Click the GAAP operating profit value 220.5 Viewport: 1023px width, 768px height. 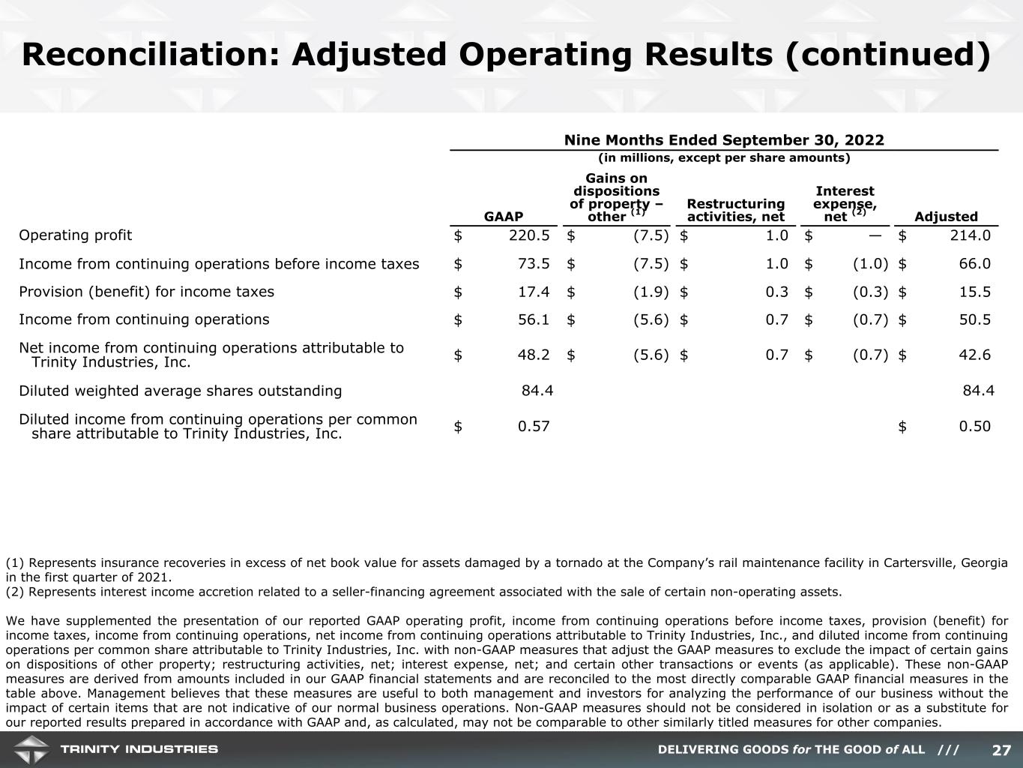pos(529,235)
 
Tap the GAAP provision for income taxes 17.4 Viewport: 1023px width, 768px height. pos(533,292)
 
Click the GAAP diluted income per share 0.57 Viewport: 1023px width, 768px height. pos(533,427)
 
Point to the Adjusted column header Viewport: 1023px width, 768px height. pos(946,217)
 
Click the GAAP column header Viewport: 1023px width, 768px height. pos(504,217)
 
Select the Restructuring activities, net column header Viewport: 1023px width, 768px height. pos(735,210)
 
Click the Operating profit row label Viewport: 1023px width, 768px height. pos(75,235)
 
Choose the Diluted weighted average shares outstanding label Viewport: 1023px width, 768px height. pos(180,391)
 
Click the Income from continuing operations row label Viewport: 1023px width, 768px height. pos(144,319)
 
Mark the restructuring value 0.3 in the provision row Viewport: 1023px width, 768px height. pos(776,292)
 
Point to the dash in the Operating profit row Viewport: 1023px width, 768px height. pos(877,235)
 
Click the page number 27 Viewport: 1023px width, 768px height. pos(1001,750)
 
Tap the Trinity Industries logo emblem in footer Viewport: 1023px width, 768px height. pos(30,749)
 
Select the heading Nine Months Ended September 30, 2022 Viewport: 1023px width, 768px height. pos(723,140)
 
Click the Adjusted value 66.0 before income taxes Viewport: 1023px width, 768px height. pos(974,264)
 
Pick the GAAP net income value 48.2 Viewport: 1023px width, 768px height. pos(533,355)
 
